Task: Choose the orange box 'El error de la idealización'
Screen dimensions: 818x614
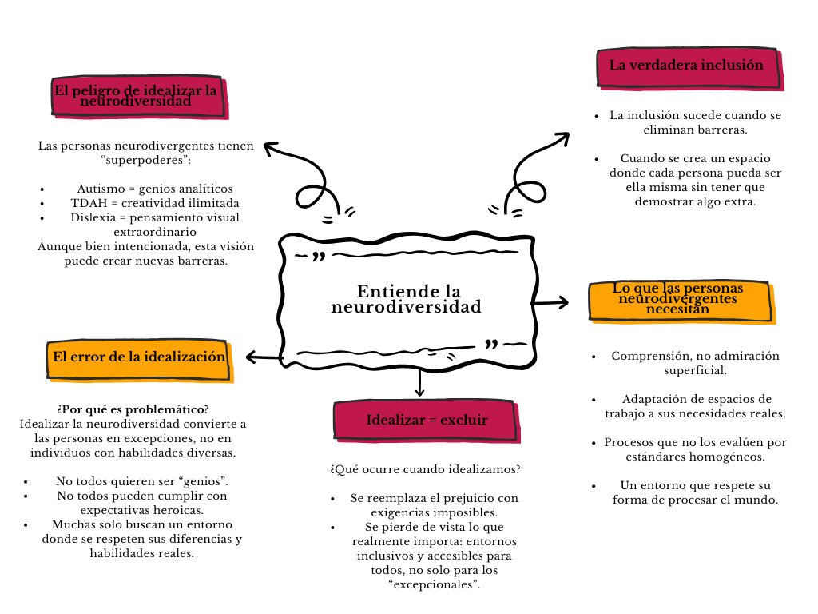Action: click(137, 357)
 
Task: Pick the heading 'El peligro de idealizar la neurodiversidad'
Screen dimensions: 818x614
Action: click(135, 97)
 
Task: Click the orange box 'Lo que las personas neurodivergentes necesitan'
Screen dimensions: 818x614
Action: click(680, 299)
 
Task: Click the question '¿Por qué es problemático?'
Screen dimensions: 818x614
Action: click(133, 409)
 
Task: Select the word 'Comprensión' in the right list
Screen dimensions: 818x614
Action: click(645, 356)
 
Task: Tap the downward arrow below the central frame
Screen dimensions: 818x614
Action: click(419, 383)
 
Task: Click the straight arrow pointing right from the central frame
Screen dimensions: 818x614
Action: click(551, 302)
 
